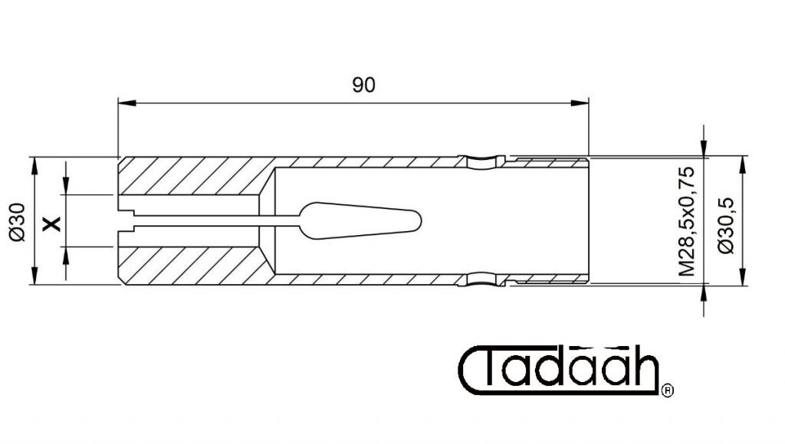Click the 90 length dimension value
point(363,85)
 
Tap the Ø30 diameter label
point(18,222)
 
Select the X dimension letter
point(51,224)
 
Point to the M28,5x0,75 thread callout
point(687,221)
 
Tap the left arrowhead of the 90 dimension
point(127,103)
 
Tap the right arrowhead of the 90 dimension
point(580,103)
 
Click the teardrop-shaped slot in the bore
point(360,220)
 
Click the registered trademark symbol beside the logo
point(668,390)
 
